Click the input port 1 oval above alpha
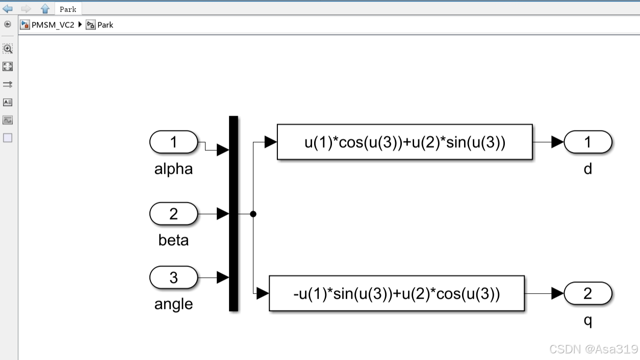(173, 142)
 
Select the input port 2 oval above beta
(173, 214)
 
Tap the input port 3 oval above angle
(173, 277)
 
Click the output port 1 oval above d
(587, 142)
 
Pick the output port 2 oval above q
(587, 293)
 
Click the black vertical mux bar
(234, 213)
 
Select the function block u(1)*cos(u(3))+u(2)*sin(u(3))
(404, 142)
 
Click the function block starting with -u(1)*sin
(396, 293)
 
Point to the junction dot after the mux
(253, 214)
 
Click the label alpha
(173, 169)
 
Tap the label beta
(173, 240)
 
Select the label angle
(173, 304)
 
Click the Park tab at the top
(68, 9)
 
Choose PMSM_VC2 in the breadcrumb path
(53, 24)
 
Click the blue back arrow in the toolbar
(8, 9)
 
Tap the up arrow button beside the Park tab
(45, 9)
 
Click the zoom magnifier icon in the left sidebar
(8, 48)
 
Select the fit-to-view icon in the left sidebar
(8, 66)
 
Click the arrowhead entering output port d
(557, 142)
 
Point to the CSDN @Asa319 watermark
(594, 349)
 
